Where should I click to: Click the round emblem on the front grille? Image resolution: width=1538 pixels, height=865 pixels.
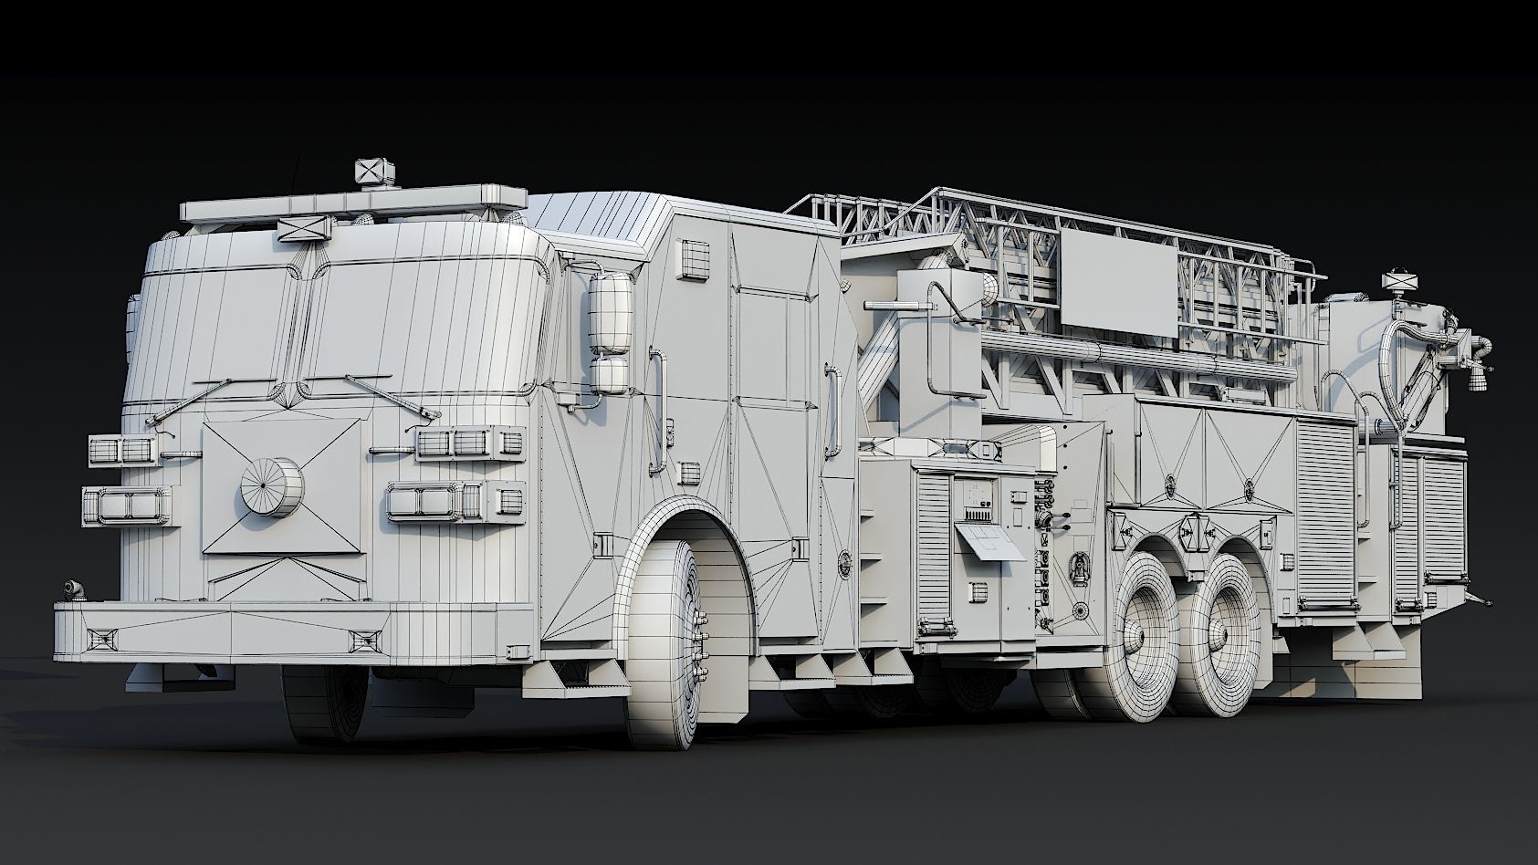coord(271,486)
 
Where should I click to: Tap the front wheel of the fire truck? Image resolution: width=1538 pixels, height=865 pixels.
coord(667,642)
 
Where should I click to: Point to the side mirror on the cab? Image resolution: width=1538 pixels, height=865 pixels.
coord(610,313)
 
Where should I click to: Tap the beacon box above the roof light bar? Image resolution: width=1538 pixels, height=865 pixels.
coord(375,172)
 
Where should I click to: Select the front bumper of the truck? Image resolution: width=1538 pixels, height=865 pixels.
coord(292,631)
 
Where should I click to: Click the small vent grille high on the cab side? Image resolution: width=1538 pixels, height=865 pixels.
coord(694,259)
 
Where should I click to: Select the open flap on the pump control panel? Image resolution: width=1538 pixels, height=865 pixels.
coord(989,541)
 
